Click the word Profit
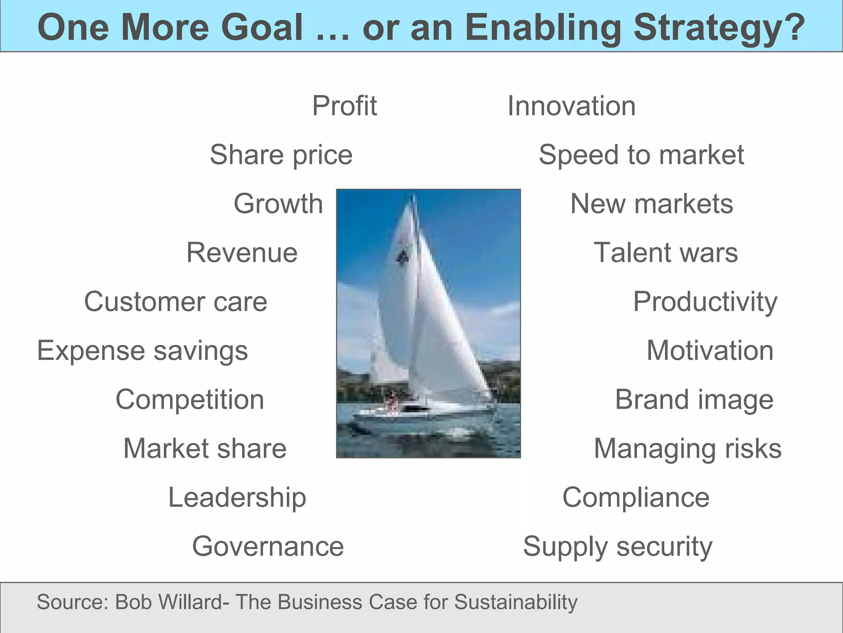coord(344,106)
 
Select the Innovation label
coord(571,106)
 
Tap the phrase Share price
coord(281,155)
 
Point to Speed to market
coord(641,155)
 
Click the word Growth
coord(278,204)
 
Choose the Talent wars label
coord(666,253)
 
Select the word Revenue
coord(242,253)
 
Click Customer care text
coord(176,302)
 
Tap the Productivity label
coord(705,302)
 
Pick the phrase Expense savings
coord(142,351)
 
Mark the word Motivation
coord(710,351)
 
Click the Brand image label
coord(694,400)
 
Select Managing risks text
coord(687,448)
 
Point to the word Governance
coord(268,546)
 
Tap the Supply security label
coord(617,546)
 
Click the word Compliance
coord(636,497)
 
